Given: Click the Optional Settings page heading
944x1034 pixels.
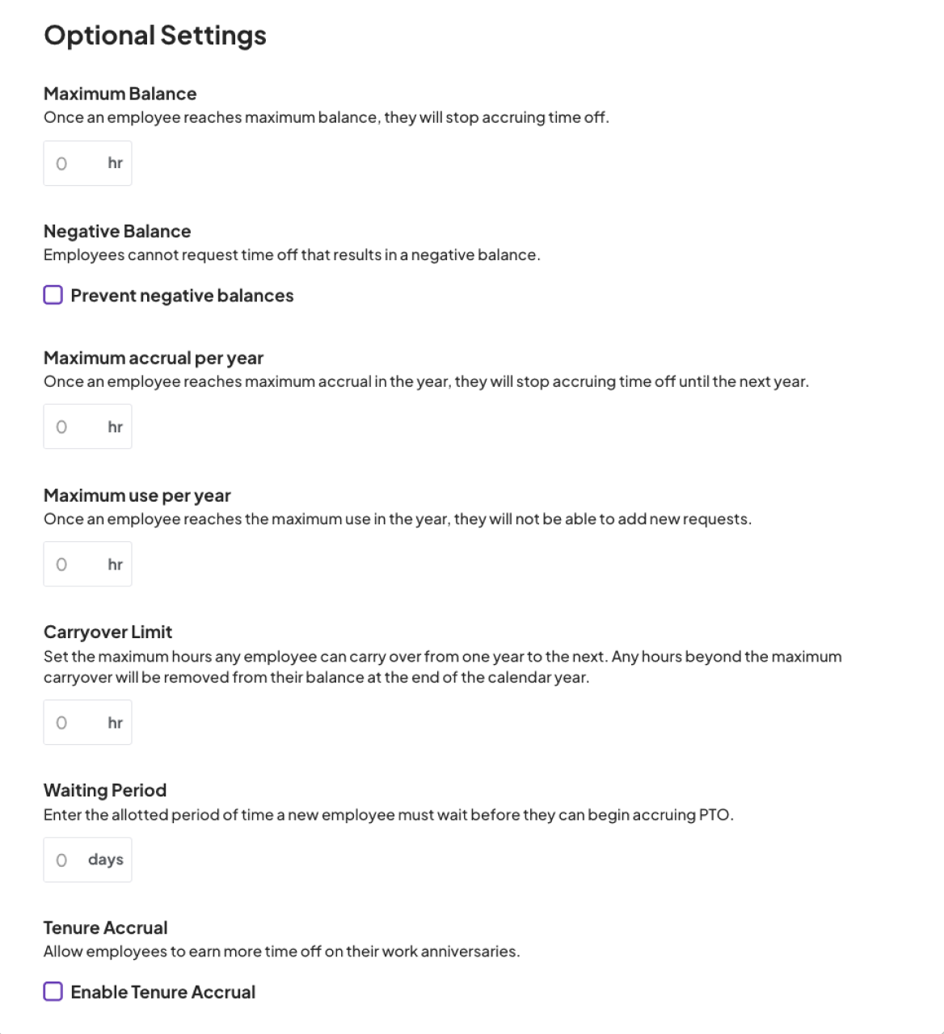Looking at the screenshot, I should click(x=154, y=36).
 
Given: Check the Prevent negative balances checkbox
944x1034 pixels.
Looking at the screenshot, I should click(x=53, y=296).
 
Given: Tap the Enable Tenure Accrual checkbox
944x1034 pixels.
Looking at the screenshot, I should click(x=53, y=992).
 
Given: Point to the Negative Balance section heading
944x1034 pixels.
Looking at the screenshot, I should click(x=117, y=232).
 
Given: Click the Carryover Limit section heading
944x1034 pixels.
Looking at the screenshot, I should click(x=107, y=633).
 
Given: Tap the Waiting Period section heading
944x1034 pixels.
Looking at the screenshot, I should click(x=105, y=791).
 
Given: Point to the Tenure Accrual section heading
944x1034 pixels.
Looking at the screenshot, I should click(x=105, y=928).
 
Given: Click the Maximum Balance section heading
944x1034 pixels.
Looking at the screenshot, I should click(x=120, y=94).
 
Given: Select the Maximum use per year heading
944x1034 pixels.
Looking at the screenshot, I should click(x=137, y=496).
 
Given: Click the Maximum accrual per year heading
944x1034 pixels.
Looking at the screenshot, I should click(x=154, y=358).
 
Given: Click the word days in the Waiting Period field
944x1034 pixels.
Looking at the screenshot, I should click(x=106, y=860).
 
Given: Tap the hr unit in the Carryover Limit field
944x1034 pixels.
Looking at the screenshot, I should click(x=116, y=722).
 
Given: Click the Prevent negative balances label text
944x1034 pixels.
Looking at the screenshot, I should click(x=182, y=296).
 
